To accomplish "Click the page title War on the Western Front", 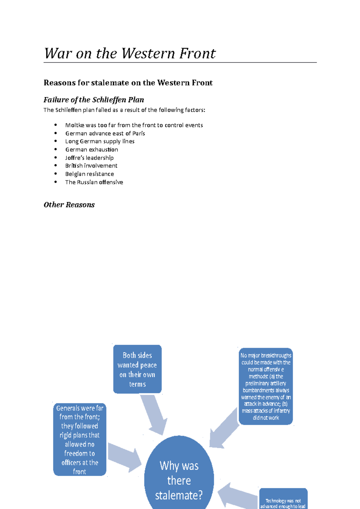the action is tap(130, 53).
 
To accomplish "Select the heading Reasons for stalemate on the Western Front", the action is tap(128, 83).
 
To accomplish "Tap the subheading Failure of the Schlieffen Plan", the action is tap(94, 100).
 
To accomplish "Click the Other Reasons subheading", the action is tap(69, 205).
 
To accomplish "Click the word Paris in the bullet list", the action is tap(139, 133).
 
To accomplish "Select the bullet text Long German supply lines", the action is tap(100, 141).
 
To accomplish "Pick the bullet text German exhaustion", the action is tap(91, 150).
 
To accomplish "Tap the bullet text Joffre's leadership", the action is tap(89, 158).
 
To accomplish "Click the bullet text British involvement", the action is tap(91, 166).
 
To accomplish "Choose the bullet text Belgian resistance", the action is tap(89, 174).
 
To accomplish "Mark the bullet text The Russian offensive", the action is tap(94, 182).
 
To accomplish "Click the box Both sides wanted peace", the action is tap(137, 369).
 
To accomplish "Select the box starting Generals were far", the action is tap(79, 439).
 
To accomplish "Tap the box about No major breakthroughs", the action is tap(266, 386).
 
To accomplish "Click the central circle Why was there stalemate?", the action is tap(179, 477).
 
